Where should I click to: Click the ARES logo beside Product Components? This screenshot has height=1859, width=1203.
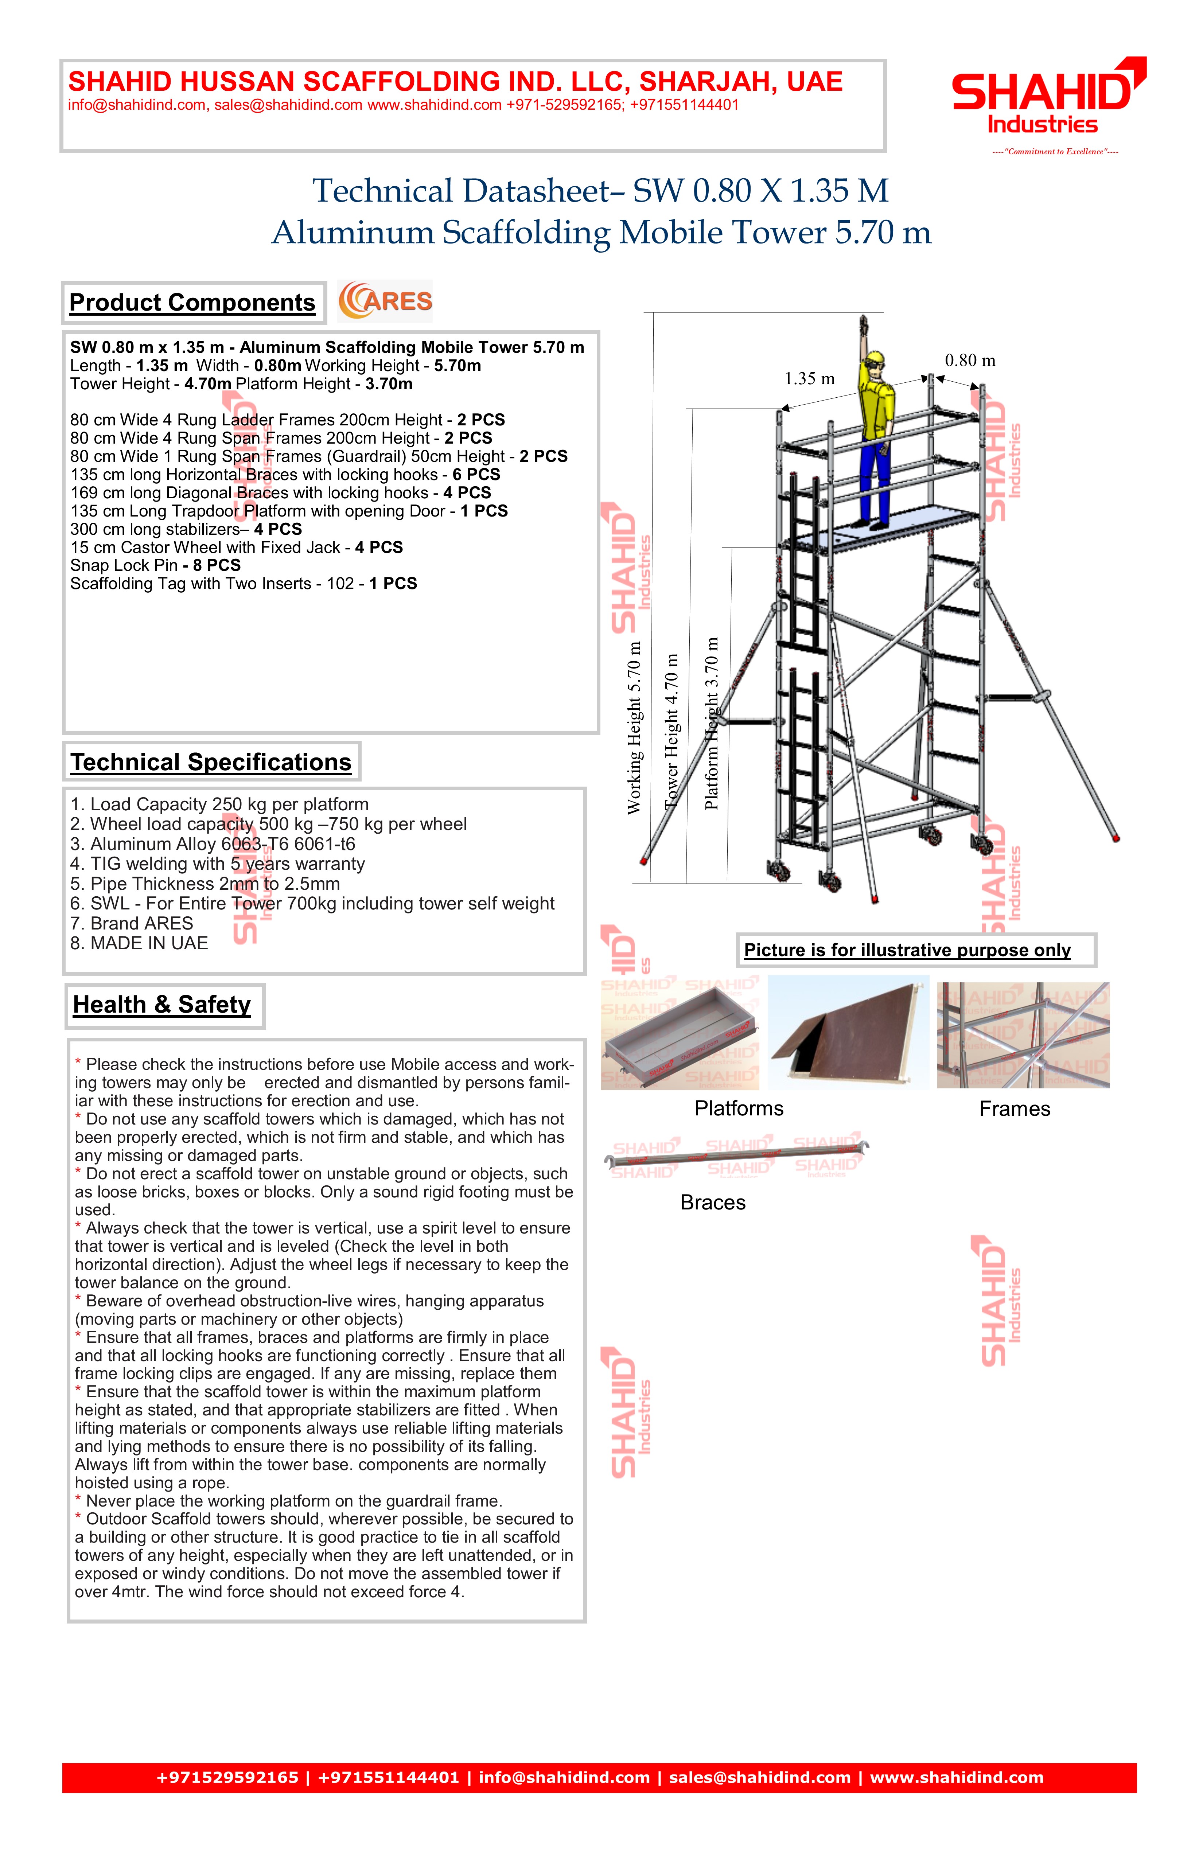[385, 301]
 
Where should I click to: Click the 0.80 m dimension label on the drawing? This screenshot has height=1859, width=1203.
[970, 361]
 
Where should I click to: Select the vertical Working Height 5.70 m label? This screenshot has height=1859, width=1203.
[634, 728]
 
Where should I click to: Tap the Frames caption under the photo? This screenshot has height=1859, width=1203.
[1015, 1109]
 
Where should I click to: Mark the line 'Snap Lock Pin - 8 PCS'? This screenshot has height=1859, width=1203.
[155, 565]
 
